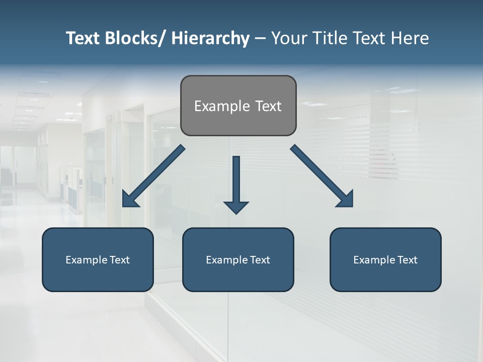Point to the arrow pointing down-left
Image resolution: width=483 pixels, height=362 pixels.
(153, 176)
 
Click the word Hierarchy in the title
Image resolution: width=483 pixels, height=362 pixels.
(210, 39)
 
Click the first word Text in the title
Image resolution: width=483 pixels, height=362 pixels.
(84, 39)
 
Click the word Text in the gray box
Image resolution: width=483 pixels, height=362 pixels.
(268, 106)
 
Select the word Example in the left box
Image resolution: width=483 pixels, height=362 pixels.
(86, 260)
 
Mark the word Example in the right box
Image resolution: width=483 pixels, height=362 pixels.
(373, 260)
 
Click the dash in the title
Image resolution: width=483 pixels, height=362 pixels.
(260, 39)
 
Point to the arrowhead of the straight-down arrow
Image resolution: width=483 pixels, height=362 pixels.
(236, 207)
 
